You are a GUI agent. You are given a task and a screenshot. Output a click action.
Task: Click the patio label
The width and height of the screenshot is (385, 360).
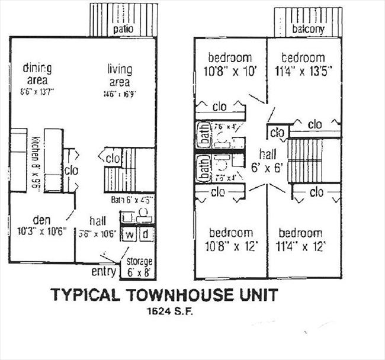123,28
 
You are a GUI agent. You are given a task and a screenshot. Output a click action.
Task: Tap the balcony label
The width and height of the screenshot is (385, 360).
308,28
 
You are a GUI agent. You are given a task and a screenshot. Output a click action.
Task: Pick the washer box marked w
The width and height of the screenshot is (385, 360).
129,235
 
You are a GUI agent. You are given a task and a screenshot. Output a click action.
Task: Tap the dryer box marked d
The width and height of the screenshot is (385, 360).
146,235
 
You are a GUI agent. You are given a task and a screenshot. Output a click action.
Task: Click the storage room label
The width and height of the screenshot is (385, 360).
140,261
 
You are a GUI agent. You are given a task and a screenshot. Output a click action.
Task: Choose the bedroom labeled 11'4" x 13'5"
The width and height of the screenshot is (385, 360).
303,58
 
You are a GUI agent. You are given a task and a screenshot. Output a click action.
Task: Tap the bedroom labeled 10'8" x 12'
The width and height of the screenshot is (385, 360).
230,233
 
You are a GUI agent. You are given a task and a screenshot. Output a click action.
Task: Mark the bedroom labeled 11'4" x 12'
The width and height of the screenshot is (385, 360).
301,233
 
